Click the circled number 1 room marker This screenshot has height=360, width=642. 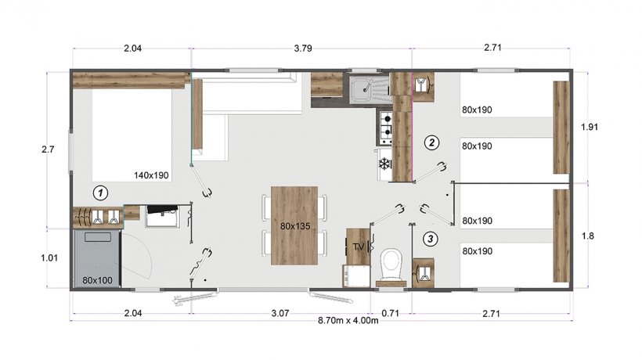pos(100,193)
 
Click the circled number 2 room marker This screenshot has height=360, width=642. pos(431,142)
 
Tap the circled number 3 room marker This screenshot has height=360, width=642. pos(430,239)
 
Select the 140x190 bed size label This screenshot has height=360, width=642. pos(151,175)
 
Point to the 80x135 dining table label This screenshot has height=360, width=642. pos(295,226)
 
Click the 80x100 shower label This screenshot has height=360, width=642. pos(97,280)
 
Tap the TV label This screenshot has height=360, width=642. pos(359,247)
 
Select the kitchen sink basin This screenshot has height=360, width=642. pos(362,88)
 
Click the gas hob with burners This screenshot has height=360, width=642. pos(386,127)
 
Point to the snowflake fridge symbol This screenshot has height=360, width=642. pos(384,164)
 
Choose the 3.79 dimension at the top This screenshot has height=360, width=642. pos(303,49)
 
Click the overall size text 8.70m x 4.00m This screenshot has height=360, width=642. pos(348,320)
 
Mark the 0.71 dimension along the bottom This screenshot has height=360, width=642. pos(390,313)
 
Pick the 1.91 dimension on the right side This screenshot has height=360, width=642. pos(590,127)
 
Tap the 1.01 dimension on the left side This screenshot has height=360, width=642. pos(49,257)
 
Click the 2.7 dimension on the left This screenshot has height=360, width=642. pos(48,149)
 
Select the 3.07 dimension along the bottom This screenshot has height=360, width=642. pos(280,313)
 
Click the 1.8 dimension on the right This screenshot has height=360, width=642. pos(587,236)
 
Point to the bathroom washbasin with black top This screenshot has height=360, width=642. pos(163,215)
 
